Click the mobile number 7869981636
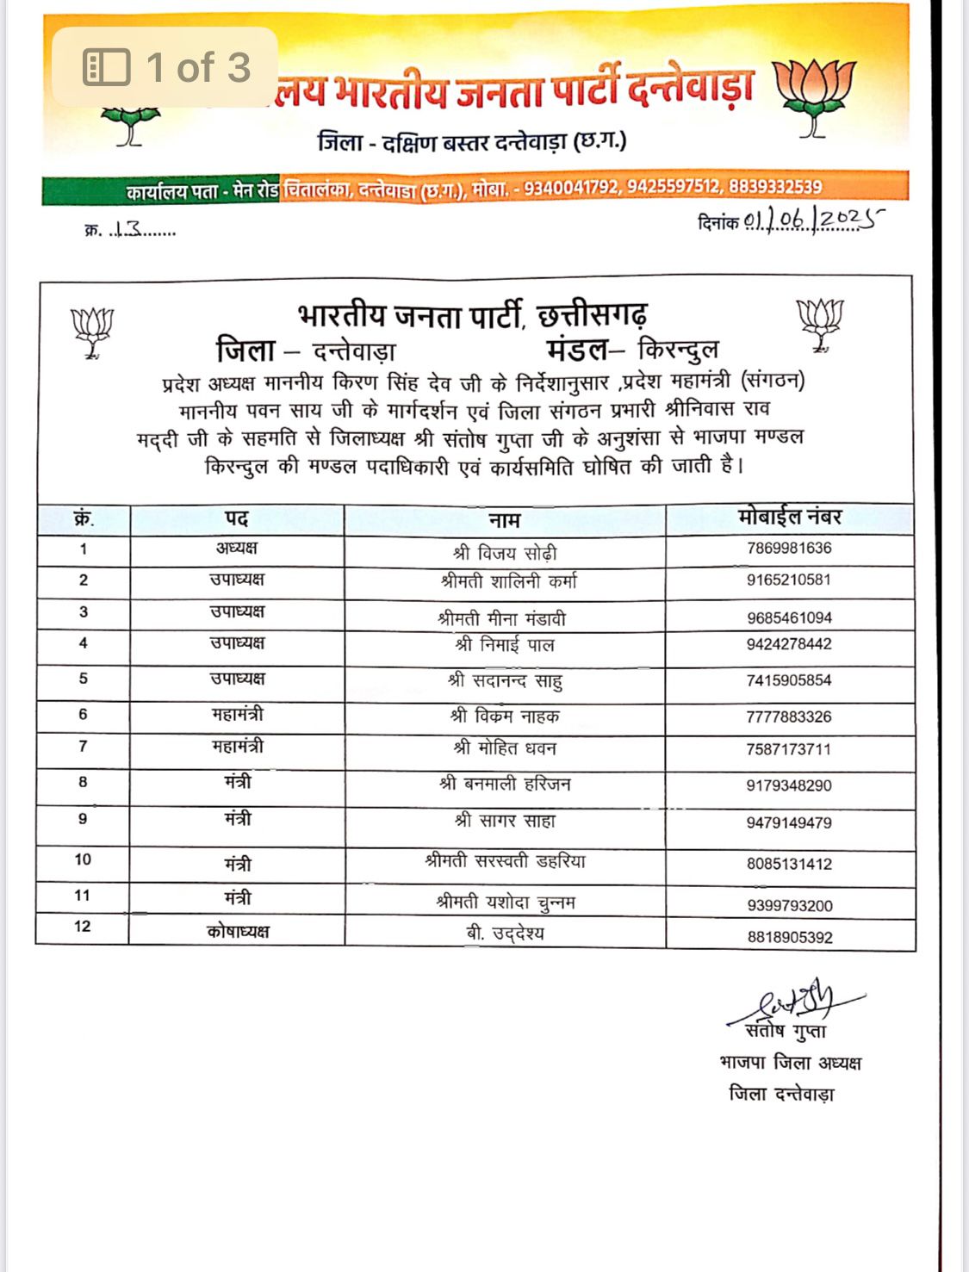[789, 549]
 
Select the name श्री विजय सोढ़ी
[505, 553]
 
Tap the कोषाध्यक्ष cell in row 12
[238, 932]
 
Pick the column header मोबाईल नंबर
[790, 518]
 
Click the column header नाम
[504, 520]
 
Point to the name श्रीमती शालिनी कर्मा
[508, 582]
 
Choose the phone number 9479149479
[789, 823]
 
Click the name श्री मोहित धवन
[505, 748]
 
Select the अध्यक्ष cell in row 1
[237, 549]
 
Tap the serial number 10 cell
[83, 859]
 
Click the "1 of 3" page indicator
[165, 67]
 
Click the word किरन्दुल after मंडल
[678, 351]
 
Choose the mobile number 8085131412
[789, 864]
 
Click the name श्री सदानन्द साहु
[505, 681]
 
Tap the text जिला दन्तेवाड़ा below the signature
[781, 1095]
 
